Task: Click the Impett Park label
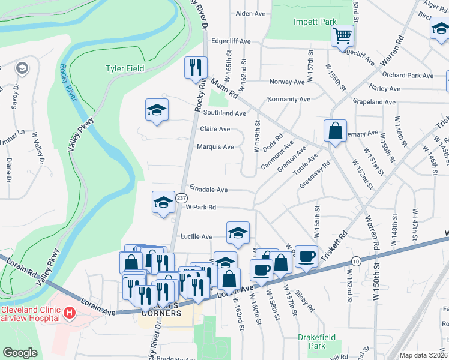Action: [x=315, y=22]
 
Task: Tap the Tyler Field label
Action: [x=125, y=68]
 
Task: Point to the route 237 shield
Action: [x=181, y=199]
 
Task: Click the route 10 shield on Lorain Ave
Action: [x=356, y=261]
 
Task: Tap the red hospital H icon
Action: [x=70, y=313]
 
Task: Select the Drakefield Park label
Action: [x=316, y=341]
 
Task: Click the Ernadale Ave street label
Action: [x=208, y=190]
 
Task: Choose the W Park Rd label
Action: [x=200, y=208]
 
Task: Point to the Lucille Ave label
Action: [x=197, y=237]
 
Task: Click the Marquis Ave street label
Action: [x=215, y=147]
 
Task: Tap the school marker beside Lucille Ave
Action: [x=238, y=233]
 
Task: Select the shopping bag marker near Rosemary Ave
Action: [x=335, y=130]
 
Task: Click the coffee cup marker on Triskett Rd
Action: [x=306, y=256]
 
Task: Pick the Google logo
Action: [x=20, y=353]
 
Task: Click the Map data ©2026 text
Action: [x=423, y=355]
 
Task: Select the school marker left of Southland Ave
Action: [x=157, y=110]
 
